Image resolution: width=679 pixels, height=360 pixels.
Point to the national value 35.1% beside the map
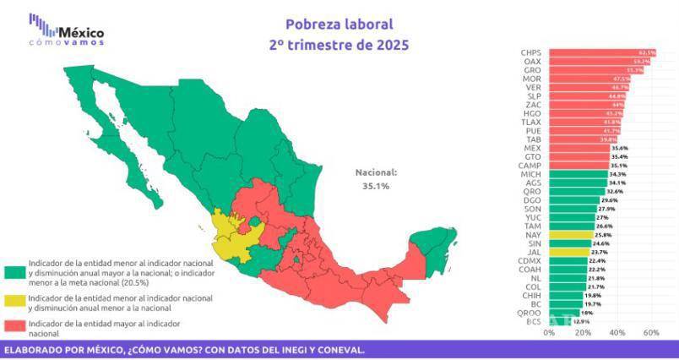click(377, 185)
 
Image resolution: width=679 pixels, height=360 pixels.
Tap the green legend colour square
click(15, 272)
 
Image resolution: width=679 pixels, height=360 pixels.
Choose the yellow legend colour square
click(15, 302)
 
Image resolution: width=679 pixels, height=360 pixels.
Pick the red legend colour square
click(15, 327)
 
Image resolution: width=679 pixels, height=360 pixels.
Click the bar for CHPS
click(601, 52)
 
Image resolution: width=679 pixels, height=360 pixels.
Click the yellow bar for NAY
click(570, 234)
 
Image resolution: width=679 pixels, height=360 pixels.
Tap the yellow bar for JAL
click(568, 252)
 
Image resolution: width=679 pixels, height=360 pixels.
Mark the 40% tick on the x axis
click(617, 333)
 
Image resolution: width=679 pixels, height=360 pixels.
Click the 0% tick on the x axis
click(549, 333)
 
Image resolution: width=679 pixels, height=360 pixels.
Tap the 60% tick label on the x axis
click(651, 333)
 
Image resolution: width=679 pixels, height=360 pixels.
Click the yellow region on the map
click(233, 234)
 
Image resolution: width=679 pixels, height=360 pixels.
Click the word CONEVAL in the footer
click(338, 349)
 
